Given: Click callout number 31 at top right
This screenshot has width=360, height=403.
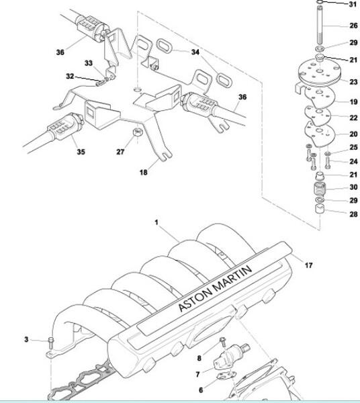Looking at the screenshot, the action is pyautogui.click(x=353, y=4).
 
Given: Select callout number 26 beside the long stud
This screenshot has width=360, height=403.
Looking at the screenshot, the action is pyautogui.click(x=353, y=26).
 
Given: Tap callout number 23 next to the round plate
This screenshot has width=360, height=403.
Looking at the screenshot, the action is pyautogui.click(x=353, y=82).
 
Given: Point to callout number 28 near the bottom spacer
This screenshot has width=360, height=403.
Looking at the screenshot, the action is pyautogui.click(x=353, y=214).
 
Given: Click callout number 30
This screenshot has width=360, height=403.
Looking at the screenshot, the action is pyautogui.click(x=353, y=187).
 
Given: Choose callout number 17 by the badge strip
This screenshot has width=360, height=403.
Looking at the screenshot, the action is pyautogui.click(x=308, y=265).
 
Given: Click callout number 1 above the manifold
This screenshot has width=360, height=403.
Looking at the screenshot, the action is pyautogui.click(x=156, y=222).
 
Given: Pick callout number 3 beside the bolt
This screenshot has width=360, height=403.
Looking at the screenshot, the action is pyautogui.click(x=26, y=339).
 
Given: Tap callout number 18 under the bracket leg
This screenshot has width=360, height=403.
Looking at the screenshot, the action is pyautogui.click(x=143, y=172).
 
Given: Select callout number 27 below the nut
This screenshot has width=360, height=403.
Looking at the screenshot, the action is pyautogui.click(x=120, y=152).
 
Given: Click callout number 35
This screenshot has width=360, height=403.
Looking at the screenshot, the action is pyautogui.click(x=81, y=152).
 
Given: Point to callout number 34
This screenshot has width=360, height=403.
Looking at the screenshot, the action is pyautogui.click(x=195, y=52).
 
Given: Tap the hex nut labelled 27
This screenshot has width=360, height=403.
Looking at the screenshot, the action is pyautogui.click(x=138, y=132).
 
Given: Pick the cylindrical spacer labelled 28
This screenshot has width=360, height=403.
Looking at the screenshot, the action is pyautogui.click(x=320, y=208).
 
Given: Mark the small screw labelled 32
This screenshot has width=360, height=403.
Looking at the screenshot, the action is pyautogui.click(x=100, y=83).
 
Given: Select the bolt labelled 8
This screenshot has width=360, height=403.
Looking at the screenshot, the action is pyautogui.click(x=223, y=342).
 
